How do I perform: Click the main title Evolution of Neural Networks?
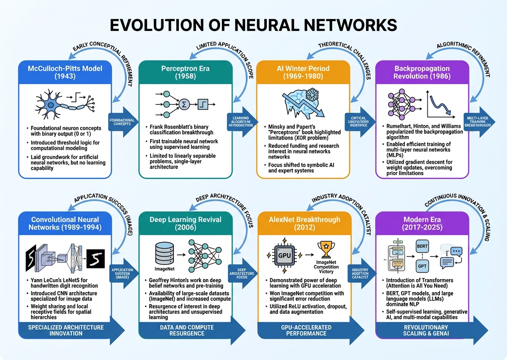tap(253, 25)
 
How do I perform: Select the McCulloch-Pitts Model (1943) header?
tap(65, 72)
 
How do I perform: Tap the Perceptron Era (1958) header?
tap(185, 72)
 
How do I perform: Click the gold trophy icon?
tap(326, 249)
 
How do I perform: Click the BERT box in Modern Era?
tap(422, 247)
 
